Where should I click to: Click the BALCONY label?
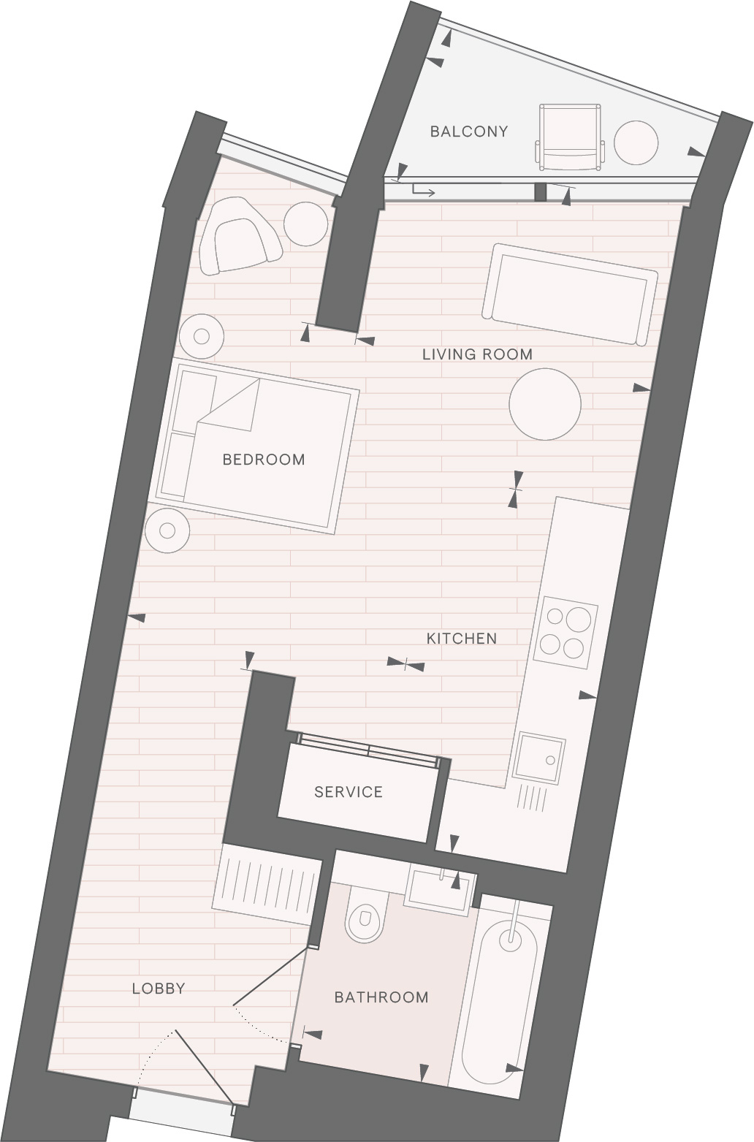[469, 132]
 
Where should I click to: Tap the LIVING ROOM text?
[477, 354]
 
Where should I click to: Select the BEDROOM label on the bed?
[264, 460]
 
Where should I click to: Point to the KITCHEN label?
[461, 639]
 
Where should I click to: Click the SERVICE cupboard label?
[349, 792]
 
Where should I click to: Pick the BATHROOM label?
[381, 997]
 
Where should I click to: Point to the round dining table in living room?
[545, 404]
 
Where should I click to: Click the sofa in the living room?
[570, 294]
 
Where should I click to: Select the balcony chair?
[570, 137]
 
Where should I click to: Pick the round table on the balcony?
[636, 142]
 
